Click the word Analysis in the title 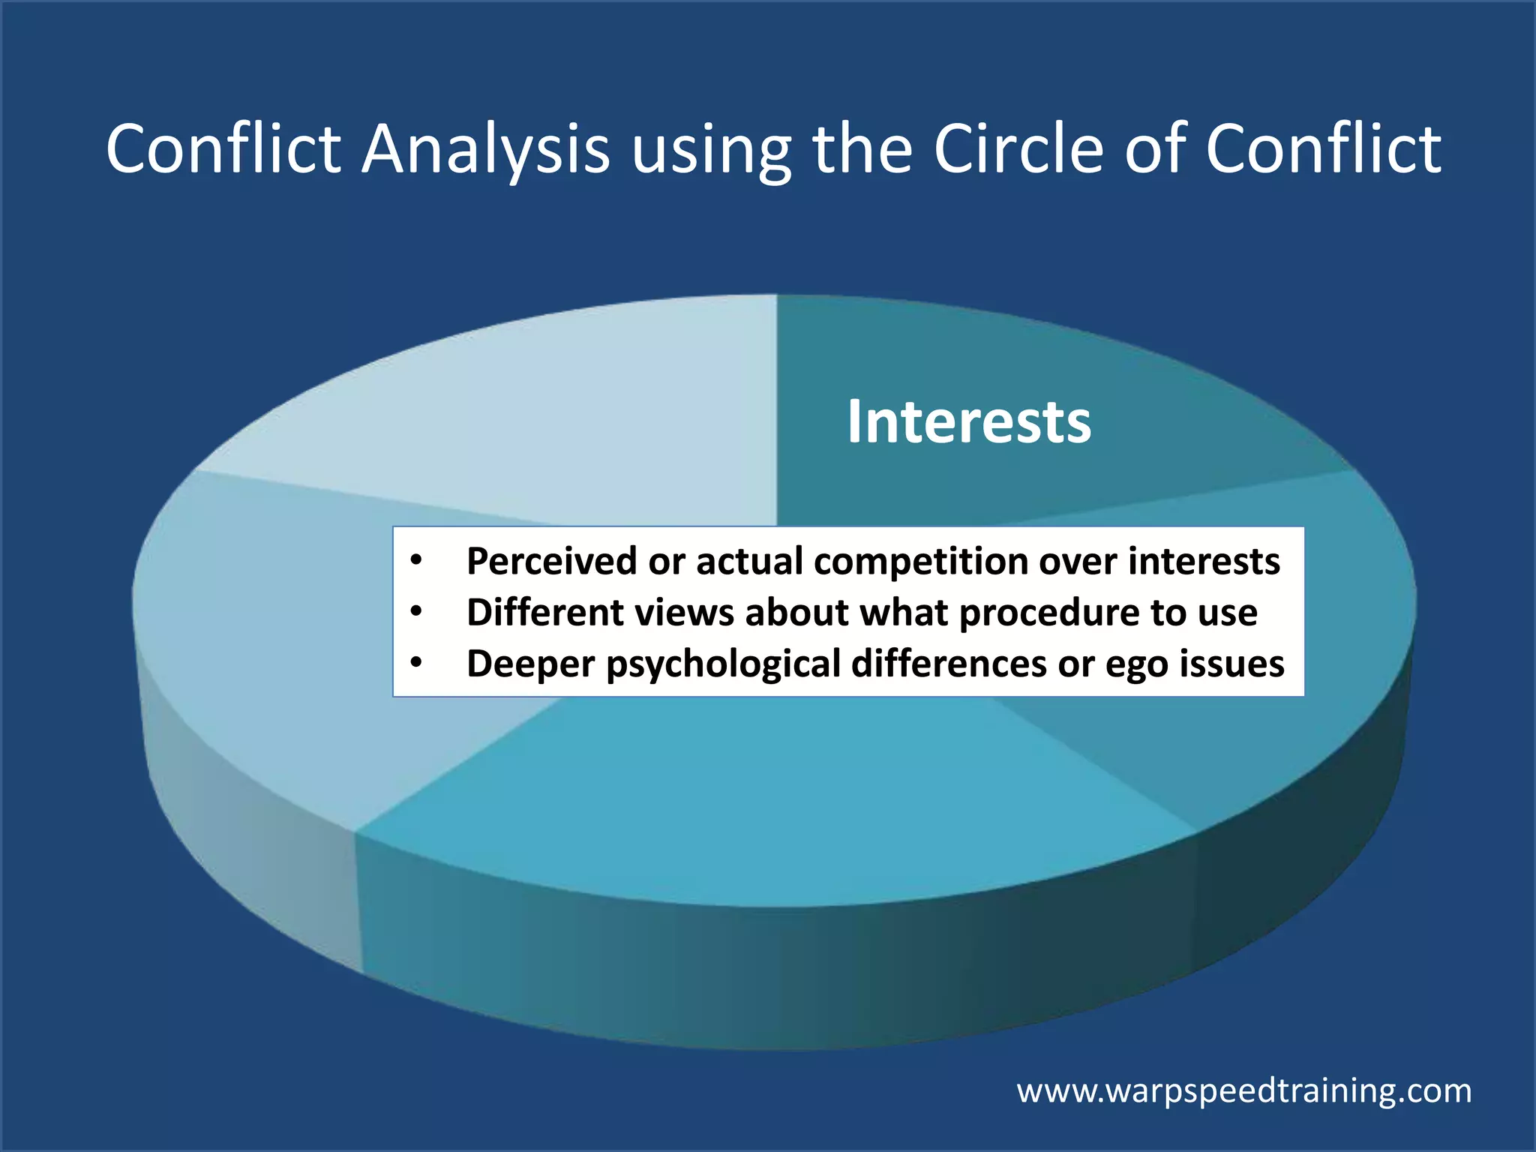coord(485,150)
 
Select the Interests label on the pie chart coord(969,421)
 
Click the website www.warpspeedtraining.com coord(1243,1090)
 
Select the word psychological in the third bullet coord(724,664)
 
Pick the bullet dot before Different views coord(417,612)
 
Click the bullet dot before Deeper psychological coord(417,663)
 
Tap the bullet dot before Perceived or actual coord(417,560)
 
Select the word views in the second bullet coord(684,613)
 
